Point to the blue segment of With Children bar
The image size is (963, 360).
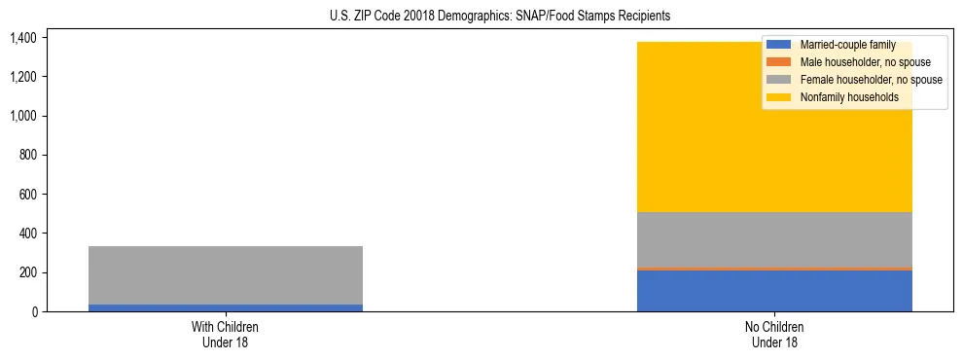(x=226, y=307)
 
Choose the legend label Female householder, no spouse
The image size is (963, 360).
(x=871, y=80)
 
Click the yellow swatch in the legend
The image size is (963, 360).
(x=779, y=97)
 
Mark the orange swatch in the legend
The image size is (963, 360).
(x=779, y=62)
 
